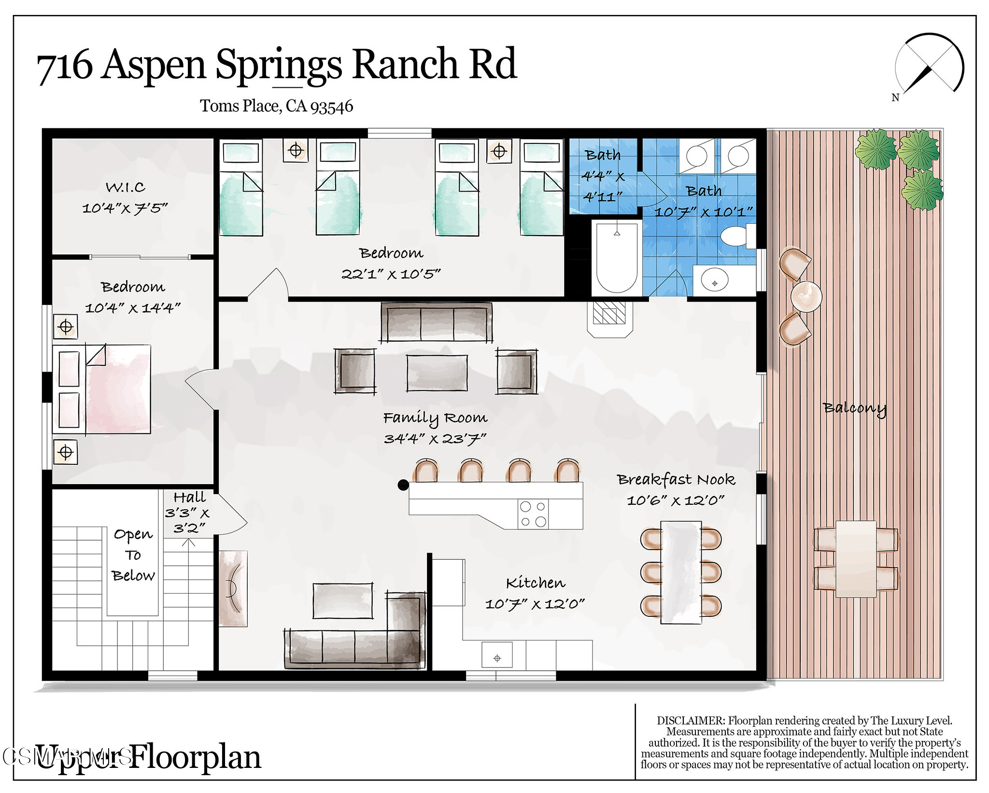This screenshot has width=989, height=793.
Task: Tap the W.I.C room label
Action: click(126, 187)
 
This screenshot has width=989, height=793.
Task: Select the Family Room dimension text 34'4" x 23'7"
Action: click(435, 439)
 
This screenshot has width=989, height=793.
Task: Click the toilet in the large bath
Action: click(735, 237)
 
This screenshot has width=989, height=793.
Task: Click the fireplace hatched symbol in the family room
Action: click(609, 313)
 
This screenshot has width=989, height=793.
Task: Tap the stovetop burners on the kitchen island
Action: click(533, 514)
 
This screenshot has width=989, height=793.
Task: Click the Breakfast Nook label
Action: click(676, 479)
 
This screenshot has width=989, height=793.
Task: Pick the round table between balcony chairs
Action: click(806, 296)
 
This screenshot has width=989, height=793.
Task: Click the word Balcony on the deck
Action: click(855, 408)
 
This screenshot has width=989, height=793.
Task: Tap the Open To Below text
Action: click(133, 555)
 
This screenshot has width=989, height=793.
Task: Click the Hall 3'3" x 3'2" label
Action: click(188, 513)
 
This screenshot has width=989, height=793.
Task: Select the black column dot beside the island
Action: click(403, 485)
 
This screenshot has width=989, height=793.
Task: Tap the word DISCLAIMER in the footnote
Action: click(691, 721)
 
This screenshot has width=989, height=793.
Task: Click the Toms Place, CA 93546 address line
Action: click(276, 106)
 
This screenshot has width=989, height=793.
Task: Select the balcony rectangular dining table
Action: click(856, 558)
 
